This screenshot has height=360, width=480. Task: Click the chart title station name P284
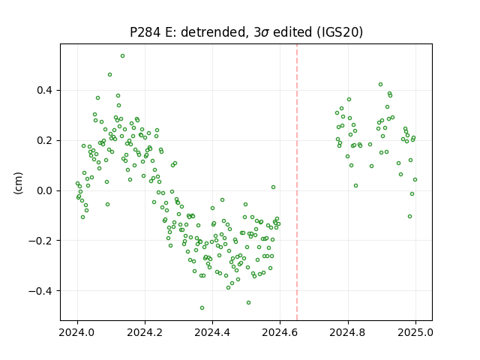point(145,32)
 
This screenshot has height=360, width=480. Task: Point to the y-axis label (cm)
point(18,183)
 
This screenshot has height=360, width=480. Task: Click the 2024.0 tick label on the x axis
point(77,332)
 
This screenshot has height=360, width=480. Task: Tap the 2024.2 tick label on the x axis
point(145,332)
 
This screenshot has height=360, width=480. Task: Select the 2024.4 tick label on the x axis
point(212,332)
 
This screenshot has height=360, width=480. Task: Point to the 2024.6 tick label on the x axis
point(280,332)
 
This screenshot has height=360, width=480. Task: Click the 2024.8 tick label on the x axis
point(348,332)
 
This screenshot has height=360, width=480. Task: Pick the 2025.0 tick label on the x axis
point(415,332)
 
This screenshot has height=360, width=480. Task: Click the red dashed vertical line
point(297,182)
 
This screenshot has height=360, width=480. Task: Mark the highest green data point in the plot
point(122,56)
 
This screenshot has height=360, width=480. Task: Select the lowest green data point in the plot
point(202,308)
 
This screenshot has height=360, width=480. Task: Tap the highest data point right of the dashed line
point(380,85)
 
